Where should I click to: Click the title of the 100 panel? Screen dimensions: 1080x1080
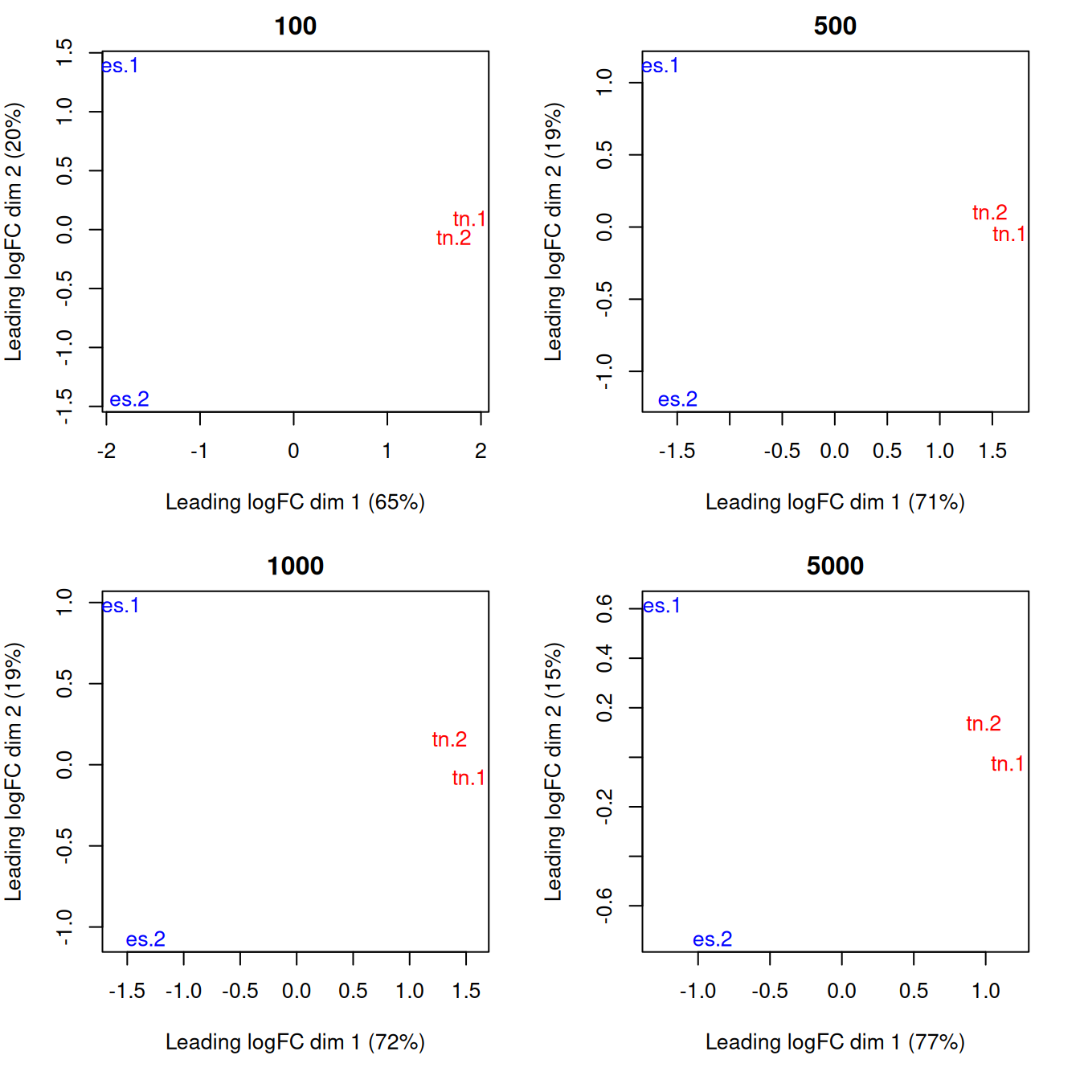tap(295, 26)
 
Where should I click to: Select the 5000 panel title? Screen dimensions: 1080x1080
tap(835, 566)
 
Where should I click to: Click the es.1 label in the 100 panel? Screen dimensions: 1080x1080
tap(121, 66)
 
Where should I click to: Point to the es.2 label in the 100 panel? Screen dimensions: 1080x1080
tap(129, 399)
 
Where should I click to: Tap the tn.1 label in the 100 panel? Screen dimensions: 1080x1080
tap(469, 219)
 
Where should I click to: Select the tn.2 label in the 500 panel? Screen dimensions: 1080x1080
tap(989, 212)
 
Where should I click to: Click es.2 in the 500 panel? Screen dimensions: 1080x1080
tap(677, 399)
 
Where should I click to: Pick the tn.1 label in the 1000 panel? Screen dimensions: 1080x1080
tap(468, 778)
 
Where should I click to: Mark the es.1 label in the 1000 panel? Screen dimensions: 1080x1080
tap(121, 606)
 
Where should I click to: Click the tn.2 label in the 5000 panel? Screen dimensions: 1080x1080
tap(984, 724)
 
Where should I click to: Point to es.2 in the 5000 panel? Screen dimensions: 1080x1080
tap(712, 939)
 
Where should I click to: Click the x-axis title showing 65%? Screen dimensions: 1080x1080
tap(295, 502)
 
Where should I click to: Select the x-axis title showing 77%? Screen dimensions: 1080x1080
tap(835, 1042)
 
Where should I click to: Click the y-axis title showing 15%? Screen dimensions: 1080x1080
tap(554, 771)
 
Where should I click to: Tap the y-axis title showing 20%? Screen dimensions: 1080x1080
tap(14, 231)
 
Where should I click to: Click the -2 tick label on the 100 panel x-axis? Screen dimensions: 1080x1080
tap(106, 451)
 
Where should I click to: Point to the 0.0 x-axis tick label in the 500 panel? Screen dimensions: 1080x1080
tap(834, 451)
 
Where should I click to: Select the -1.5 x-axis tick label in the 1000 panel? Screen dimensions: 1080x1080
tap(127, 991)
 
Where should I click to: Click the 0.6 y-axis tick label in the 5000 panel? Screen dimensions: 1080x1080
tap(604, 608)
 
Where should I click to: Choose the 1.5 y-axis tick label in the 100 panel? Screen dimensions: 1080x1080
tap(64, 52)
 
